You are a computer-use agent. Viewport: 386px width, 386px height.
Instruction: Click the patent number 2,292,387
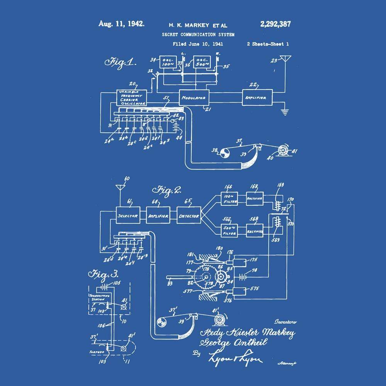(x=275, y=24)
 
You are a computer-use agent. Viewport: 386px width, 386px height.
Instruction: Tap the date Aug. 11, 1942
(x=122, y=24)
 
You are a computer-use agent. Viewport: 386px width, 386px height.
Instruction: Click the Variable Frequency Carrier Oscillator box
(x=131, y=98)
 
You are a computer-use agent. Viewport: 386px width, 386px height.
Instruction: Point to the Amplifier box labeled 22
(x=257, y=98)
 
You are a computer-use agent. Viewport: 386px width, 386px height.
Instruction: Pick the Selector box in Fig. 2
(x=128, y=215)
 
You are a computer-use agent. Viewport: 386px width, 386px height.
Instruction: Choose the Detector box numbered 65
(x=189, y=215)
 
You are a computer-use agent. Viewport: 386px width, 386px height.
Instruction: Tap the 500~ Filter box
(x=230, y=231)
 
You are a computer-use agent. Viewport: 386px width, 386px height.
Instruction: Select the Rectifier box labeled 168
(x=255, y=198)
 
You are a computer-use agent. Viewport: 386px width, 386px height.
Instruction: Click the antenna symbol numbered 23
(x=286, y=60)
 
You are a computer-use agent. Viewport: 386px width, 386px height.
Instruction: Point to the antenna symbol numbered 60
(x=120, y=188)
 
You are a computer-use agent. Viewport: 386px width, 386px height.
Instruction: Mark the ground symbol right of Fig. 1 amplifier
(x=285, y=112)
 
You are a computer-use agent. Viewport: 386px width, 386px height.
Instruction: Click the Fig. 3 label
(x=103, y=274)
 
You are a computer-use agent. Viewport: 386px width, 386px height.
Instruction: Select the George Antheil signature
(x=233, y=343)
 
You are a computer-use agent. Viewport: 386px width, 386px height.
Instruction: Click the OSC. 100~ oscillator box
(x=167, y=62)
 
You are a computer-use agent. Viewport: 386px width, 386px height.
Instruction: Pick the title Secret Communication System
(x=198, y=34)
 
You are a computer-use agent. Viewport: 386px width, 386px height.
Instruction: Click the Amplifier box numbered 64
(x=158, y=215)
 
